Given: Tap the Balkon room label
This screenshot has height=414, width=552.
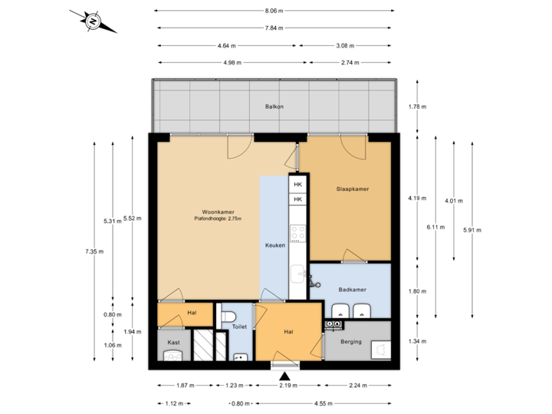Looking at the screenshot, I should coord(274,107).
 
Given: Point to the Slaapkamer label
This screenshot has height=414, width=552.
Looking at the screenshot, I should coord(353,189).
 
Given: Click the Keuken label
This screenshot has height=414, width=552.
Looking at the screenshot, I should coord(274,245).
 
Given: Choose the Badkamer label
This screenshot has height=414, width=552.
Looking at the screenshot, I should coord(352,289).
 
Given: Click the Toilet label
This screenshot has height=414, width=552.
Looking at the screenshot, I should coord(240,327).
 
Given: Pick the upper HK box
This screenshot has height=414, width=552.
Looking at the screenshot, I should coord(298,185).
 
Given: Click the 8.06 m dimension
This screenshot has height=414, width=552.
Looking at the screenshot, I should coord(274,11).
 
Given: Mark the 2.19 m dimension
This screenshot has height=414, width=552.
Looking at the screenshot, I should coord(287,386).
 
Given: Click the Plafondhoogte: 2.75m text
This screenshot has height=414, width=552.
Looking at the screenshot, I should coord(218,219).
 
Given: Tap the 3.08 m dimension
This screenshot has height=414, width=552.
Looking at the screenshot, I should coord(346,45).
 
